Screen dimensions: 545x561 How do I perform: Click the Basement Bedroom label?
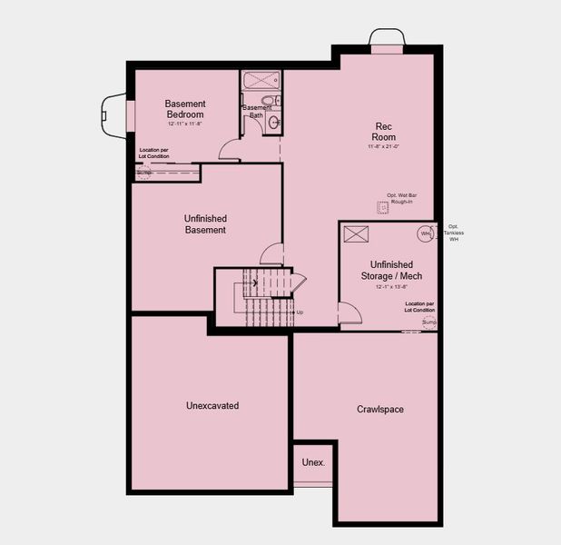click(185, 109)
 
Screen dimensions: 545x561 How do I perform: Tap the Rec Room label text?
click(384, 131)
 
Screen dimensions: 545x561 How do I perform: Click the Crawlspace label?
click(380, 410)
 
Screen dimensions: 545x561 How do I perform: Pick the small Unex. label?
click(313, 462)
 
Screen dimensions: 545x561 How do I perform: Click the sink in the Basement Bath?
click(273, 123)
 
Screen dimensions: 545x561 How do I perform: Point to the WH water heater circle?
click(424, 234)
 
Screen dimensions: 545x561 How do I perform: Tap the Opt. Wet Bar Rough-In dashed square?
click(383, 208)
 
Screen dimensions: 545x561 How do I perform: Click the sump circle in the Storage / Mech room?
click(428, 322)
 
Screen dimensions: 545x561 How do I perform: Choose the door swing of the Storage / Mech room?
click(349, 313)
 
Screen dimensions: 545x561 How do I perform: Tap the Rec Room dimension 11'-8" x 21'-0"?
click(384, 145)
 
